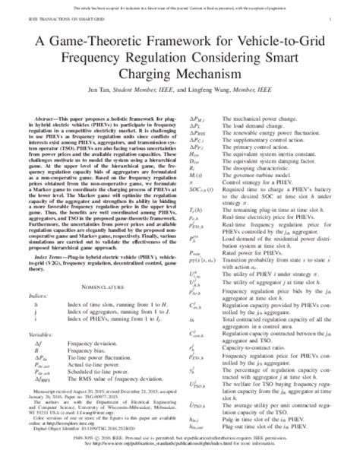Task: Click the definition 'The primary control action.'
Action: tap(250, 147)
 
